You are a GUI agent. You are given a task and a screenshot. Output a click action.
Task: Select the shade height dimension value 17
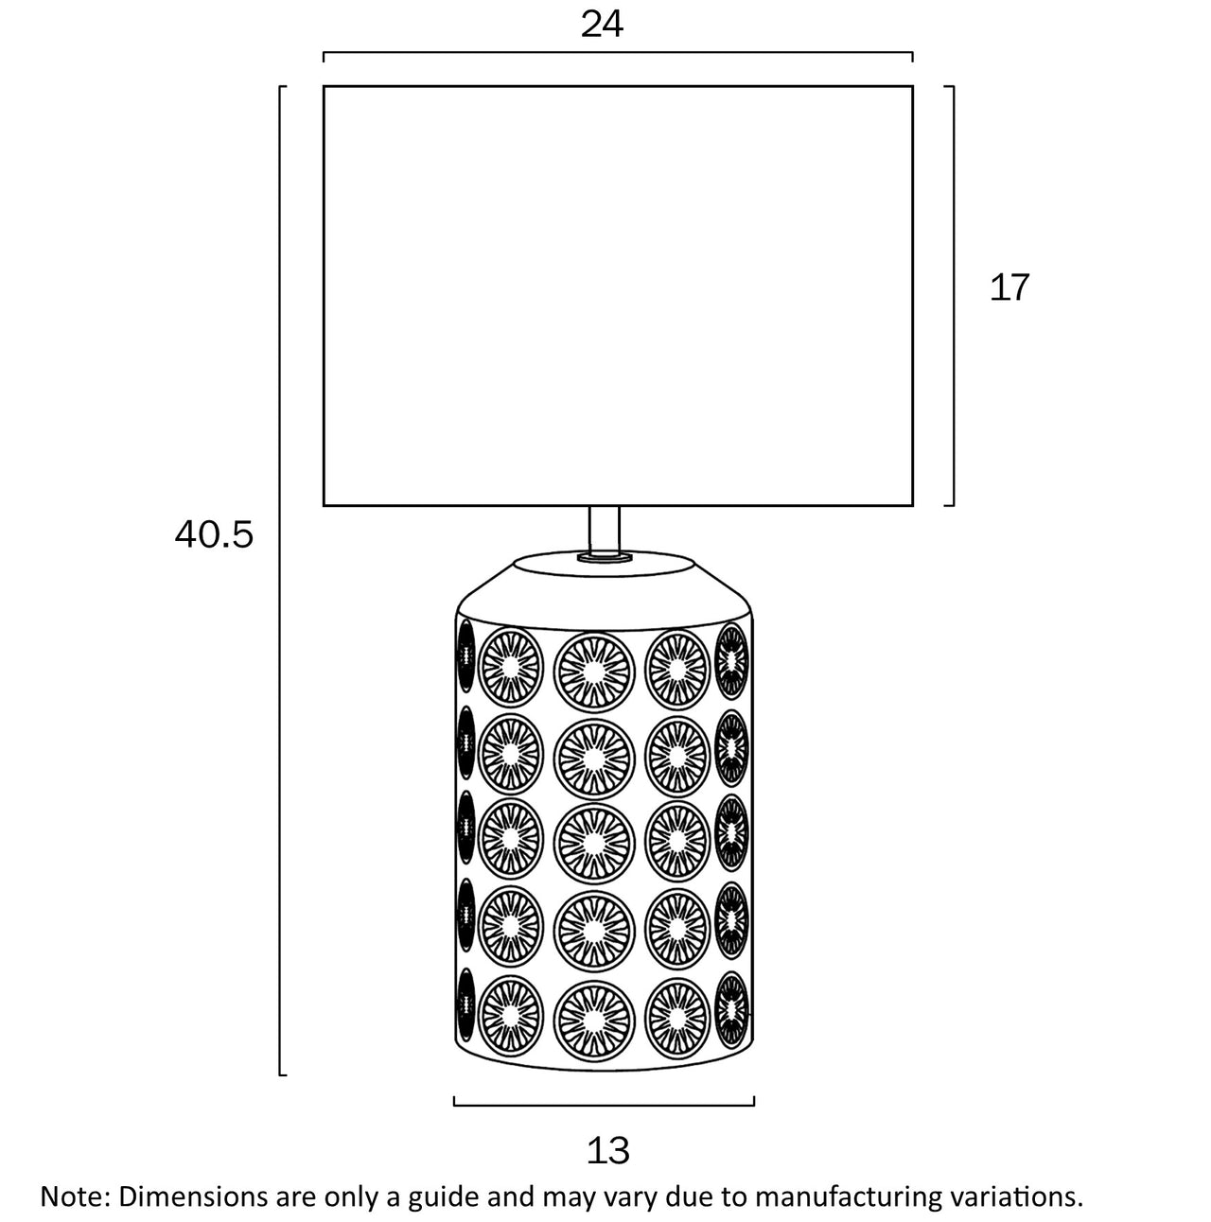click(1009, 288)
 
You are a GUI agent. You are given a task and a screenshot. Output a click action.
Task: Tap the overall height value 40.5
click(214, 535)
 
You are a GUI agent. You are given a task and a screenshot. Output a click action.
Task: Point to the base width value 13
click(607, 1151)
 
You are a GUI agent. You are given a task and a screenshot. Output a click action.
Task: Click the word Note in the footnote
click(73, 1196)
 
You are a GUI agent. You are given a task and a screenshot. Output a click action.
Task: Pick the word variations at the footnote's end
click(1013, 1196)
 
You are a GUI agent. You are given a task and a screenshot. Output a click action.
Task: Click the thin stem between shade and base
click(605, 531)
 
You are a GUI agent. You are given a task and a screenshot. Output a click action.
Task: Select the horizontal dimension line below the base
click(604, 1104)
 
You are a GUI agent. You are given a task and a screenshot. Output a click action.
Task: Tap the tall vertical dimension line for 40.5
click(282, 581)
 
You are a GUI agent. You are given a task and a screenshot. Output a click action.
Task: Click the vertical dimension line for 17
click(953, 295)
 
